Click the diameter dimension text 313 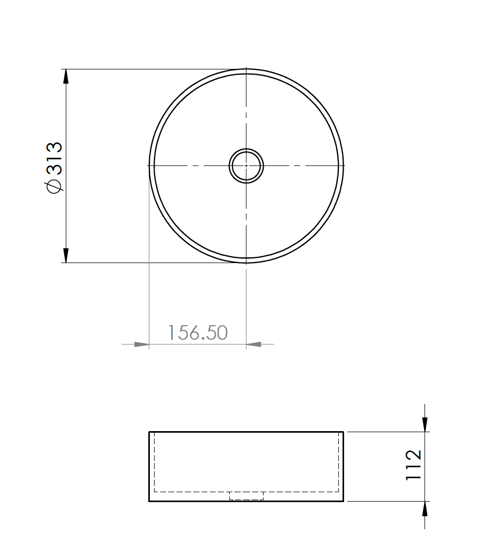(54, 158)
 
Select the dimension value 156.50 (198, 332)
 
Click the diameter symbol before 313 (54, 186)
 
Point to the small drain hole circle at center (246, 165)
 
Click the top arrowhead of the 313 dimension (66, 76)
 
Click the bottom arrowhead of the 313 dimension (66, 255)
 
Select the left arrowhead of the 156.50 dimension (142, 344)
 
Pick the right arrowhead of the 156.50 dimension (254, 344)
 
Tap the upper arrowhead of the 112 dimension (426, 424)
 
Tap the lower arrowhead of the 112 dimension (426, 509)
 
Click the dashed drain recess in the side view (246, 496)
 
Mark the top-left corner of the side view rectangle (149, 432)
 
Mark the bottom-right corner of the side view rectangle (343, 501)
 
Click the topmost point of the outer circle (246, 69)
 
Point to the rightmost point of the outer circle (344, 165)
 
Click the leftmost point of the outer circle (149, 165)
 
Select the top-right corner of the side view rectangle (343, 432)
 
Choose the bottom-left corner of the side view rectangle (149, 501)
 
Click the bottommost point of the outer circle (246, 263)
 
